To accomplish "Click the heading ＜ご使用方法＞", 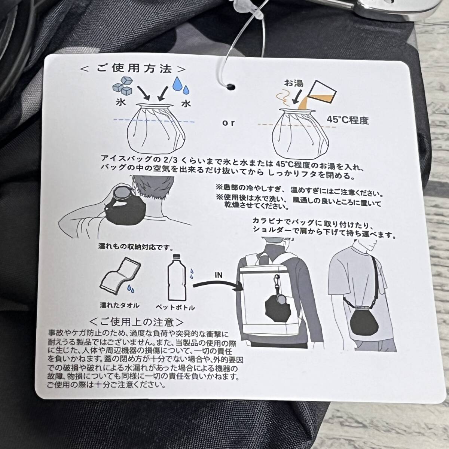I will point(133,69).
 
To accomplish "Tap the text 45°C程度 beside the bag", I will point(348,120).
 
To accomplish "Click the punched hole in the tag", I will point(231,87).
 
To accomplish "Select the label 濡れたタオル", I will point(120,305).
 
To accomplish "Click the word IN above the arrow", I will point(219,275).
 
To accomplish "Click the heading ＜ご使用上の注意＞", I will point(137,322).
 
